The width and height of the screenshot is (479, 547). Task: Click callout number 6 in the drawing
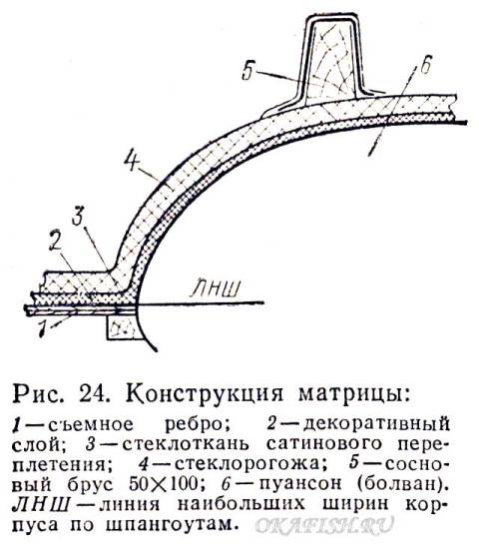tap(425, 65)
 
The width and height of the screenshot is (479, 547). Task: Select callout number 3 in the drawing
tap(77, 216)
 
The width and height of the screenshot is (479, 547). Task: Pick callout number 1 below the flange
tap(42, 328)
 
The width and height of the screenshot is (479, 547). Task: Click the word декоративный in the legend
tap(376, 425)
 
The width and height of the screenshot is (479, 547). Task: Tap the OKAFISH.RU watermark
tap(324, 524)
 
